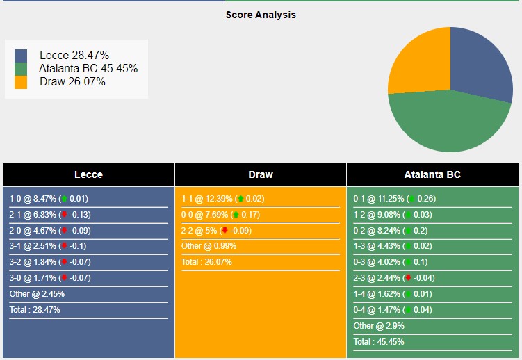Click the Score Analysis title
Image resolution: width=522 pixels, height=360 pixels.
click(x=261, y=15)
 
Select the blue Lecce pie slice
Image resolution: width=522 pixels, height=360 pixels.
click(x=480, y=63)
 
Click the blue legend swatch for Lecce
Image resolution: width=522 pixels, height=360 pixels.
click(x=21, y=55)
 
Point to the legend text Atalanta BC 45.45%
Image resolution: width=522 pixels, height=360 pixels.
click(x=88, y=68)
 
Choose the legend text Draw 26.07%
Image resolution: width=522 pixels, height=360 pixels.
click(x=72, y=81)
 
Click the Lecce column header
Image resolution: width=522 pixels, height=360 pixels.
click(x=88, y=174)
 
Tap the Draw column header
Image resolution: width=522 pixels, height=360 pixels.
click(x=261, y=174)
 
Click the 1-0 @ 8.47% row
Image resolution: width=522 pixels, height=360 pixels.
click(x=49, y=198)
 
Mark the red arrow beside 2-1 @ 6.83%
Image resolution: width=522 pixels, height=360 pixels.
click(x=65, y=215)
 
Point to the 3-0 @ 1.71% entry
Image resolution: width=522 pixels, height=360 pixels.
click(x=49, y=278)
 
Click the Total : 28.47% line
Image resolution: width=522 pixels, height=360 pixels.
click(x=35, y=310)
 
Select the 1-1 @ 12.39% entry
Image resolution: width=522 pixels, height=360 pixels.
click(x=222, y=198)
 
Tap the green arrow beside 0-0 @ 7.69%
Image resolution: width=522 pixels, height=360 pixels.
click(x=235, y=215)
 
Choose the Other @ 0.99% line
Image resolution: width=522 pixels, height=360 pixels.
click(x=209, y=246)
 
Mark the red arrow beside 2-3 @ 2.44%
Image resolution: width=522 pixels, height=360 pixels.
click(x=408, y=278)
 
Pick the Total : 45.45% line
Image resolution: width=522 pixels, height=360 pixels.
click(x=379, y=342)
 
